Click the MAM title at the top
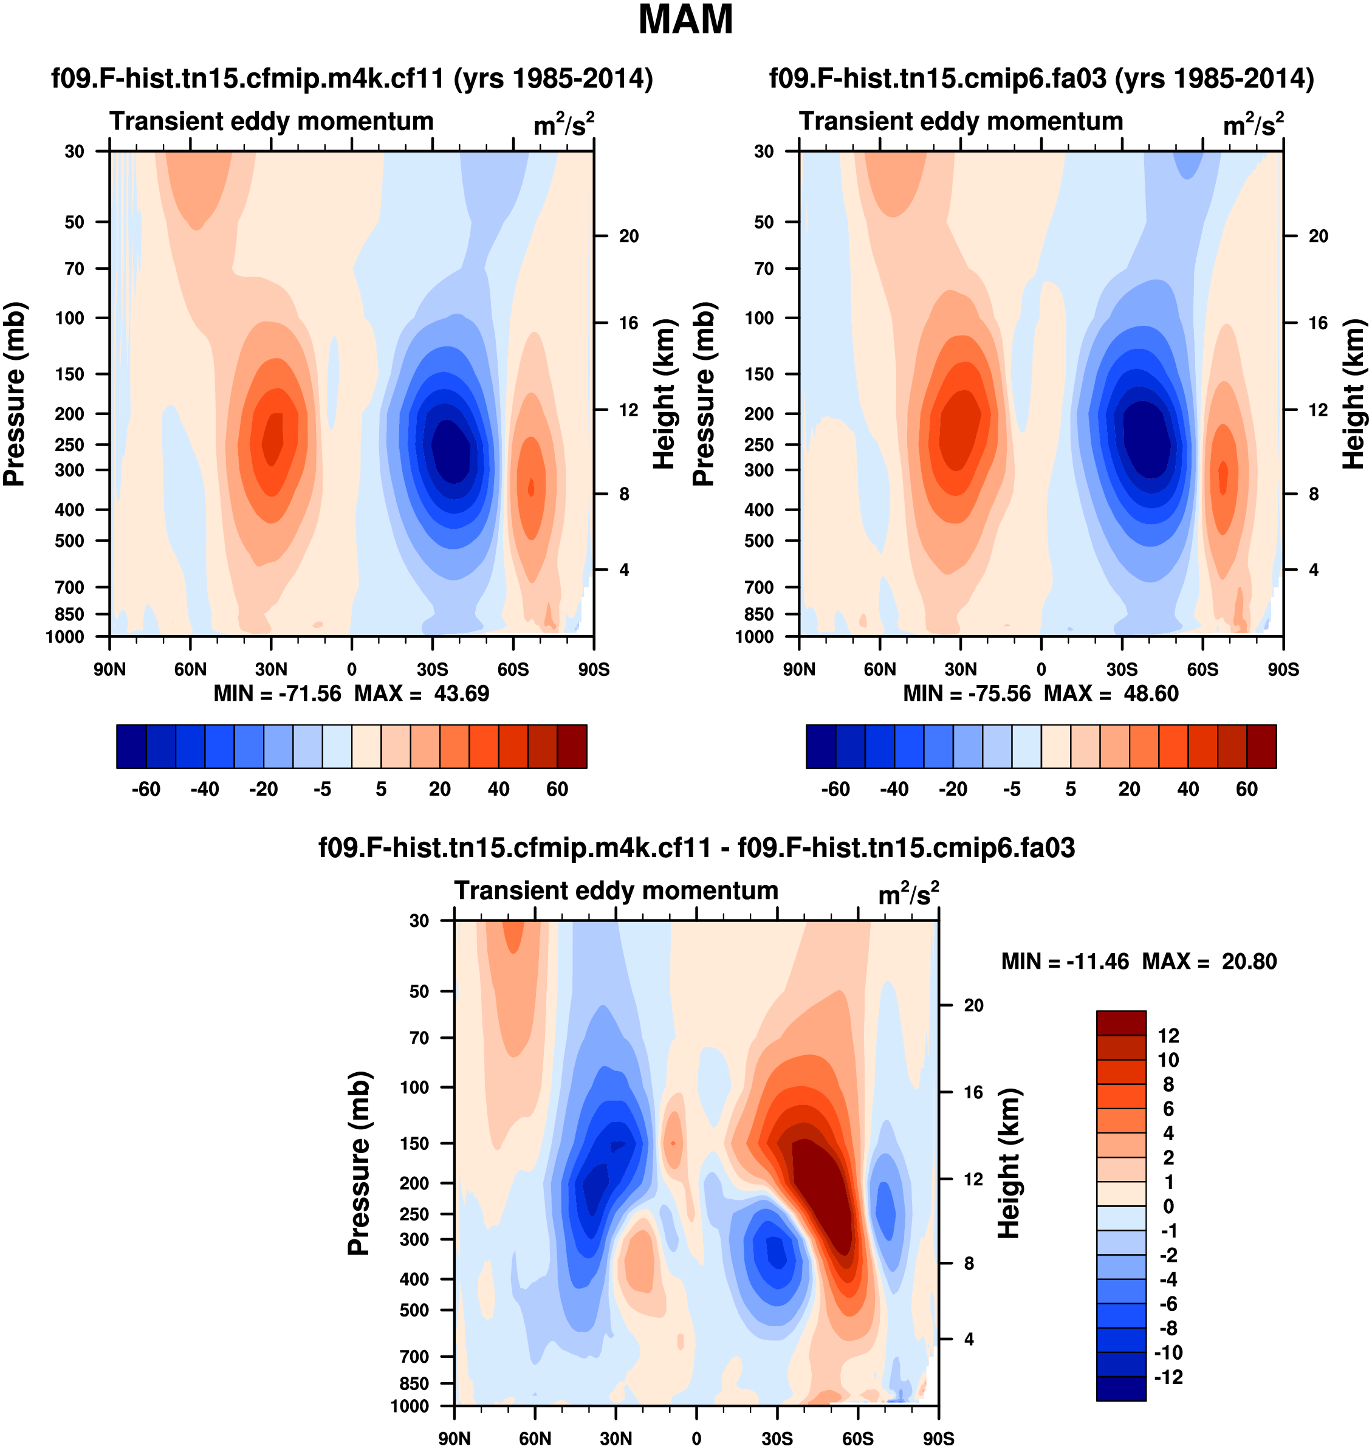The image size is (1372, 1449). (x=685, y=19)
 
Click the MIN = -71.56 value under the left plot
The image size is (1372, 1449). (x=277, y=694)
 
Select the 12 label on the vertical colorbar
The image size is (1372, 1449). (x=1168, y=1036)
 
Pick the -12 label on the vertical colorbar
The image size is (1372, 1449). (x=1168, y=1377)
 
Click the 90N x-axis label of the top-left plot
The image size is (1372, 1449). (x=110, y=669)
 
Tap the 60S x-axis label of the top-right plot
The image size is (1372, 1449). (x=1202, y=669)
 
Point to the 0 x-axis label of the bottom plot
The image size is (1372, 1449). (x=696, y=1439)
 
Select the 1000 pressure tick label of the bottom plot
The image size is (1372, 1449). (x=410, y=1406)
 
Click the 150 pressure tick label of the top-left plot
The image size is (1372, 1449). (x=70, y=374)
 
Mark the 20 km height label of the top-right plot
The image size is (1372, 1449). (x=1318, y=236)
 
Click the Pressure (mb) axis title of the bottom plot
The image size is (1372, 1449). (x=359, y=1163)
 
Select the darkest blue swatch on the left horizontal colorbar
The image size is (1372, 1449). (x=132, y=746)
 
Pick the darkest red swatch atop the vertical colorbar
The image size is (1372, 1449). (x=1120, y=1022)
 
